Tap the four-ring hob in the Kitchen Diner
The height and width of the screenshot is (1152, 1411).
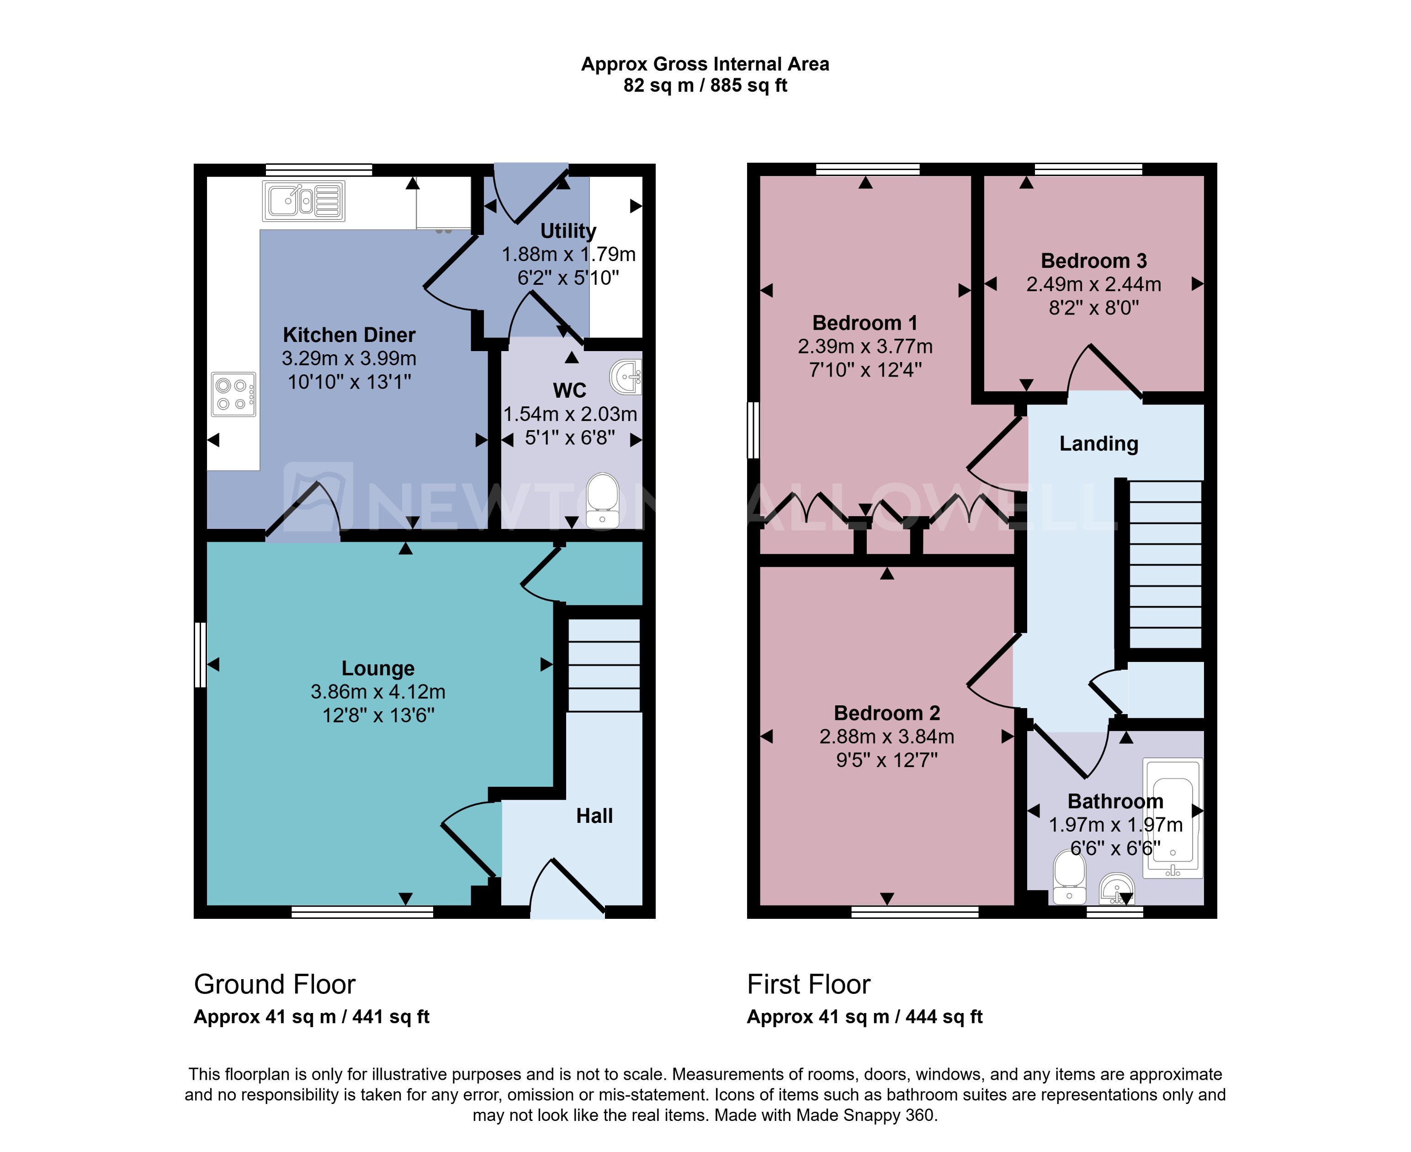pos(233,394)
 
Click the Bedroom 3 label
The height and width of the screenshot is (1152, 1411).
pos(1093,261)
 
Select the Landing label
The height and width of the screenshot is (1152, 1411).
pos(1098,443)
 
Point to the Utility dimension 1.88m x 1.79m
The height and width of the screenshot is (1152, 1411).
pos(568,254)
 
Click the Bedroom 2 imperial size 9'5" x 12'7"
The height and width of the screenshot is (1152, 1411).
pos(886,760)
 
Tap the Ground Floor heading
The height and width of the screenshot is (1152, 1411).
pos(275,984)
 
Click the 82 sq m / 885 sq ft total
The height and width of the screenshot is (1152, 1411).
pos(705,85)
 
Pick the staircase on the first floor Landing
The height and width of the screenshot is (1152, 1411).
pos(1164,564)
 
